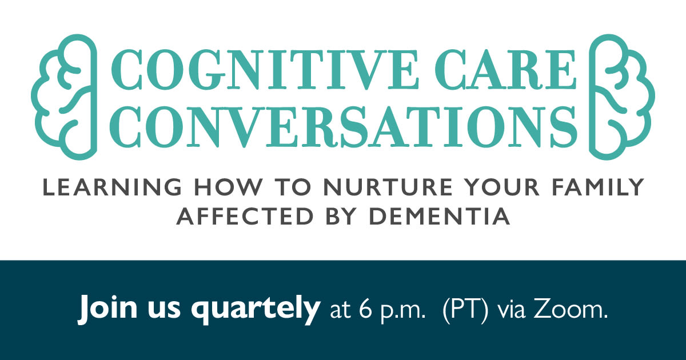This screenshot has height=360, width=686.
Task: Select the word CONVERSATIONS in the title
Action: tap(343, 126)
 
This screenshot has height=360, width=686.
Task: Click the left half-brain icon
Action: tap(64, 97)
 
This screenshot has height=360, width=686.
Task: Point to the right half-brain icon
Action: tap(623, 97)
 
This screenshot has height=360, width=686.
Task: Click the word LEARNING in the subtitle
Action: tap(113, 187)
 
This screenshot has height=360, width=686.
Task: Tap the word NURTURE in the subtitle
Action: tap(388, 187)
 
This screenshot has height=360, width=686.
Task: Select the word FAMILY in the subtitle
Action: tap(598, 187)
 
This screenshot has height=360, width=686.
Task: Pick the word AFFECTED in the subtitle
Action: tap(245, 216)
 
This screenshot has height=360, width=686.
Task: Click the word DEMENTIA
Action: tap(440, 216)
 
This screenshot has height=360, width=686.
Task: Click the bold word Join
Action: tap(107, 308)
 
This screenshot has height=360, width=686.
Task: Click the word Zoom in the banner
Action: tap(571, 310)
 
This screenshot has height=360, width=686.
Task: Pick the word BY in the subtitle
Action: tap(341, 216)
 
